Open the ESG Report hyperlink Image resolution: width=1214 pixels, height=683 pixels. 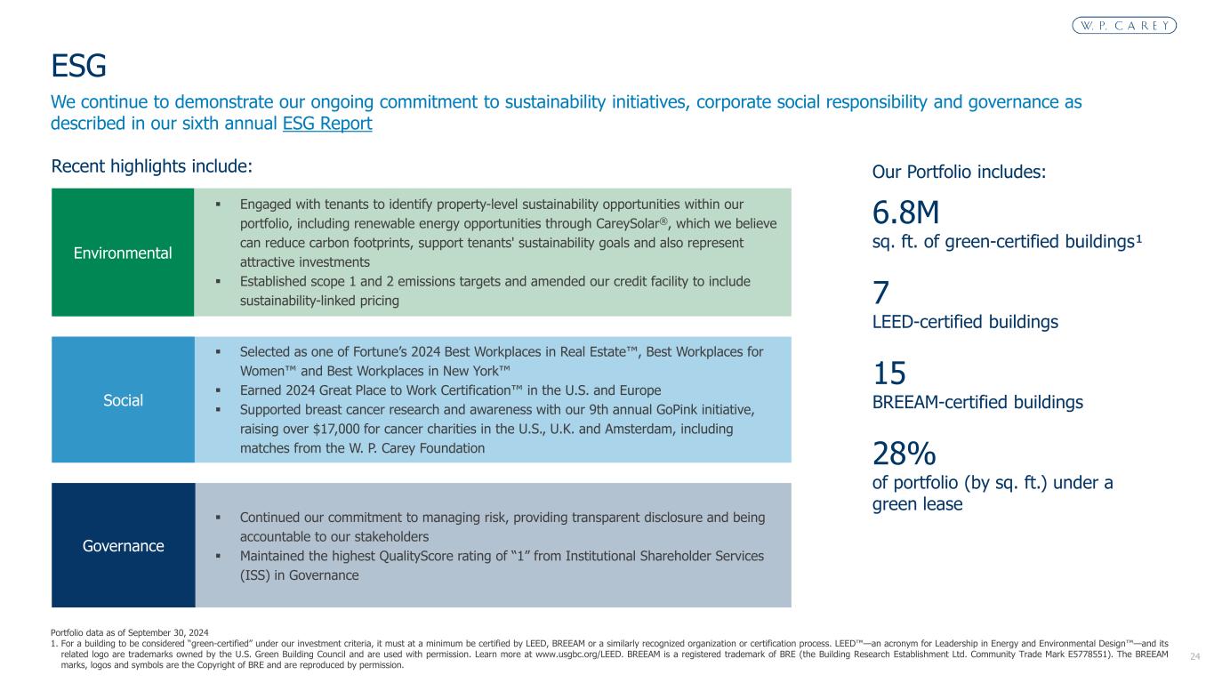(326, 124)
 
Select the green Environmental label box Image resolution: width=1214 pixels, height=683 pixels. (123, 253)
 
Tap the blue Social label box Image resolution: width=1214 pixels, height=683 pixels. (123, 400)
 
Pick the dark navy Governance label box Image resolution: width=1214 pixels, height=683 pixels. (123, 545)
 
